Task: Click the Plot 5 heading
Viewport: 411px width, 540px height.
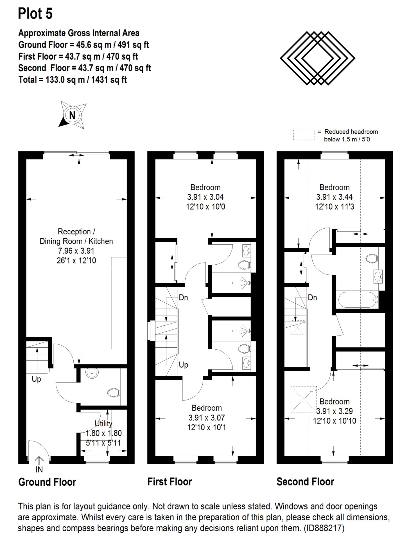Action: [35, 13]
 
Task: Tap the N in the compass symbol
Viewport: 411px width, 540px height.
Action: [72, 115]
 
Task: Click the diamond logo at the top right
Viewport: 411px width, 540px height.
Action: [317, 58]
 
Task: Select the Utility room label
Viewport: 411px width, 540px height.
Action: [103, 423]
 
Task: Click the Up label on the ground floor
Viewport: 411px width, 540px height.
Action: [36, 379]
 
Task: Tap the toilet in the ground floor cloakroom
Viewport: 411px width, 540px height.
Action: [114, 393]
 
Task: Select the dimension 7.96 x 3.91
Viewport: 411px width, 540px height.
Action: [76, 251]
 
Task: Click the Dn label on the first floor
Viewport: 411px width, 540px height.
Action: [183, 297]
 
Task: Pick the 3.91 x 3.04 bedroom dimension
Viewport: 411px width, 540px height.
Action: [205, 197]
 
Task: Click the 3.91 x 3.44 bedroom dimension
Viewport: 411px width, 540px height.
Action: [335, 197]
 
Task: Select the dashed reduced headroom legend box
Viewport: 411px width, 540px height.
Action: [304, 135]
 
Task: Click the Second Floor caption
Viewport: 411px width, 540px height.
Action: [305, 482]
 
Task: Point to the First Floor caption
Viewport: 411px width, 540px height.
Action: [170, 482]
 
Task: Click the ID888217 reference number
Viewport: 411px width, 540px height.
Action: [324, 528]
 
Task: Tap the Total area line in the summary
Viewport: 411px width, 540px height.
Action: [73, 80]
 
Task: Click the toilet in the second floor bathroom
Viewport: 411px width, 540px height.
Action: [372, 258]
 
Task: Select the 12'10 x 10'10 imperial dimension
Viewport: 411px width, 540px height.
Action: [335, 421]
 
